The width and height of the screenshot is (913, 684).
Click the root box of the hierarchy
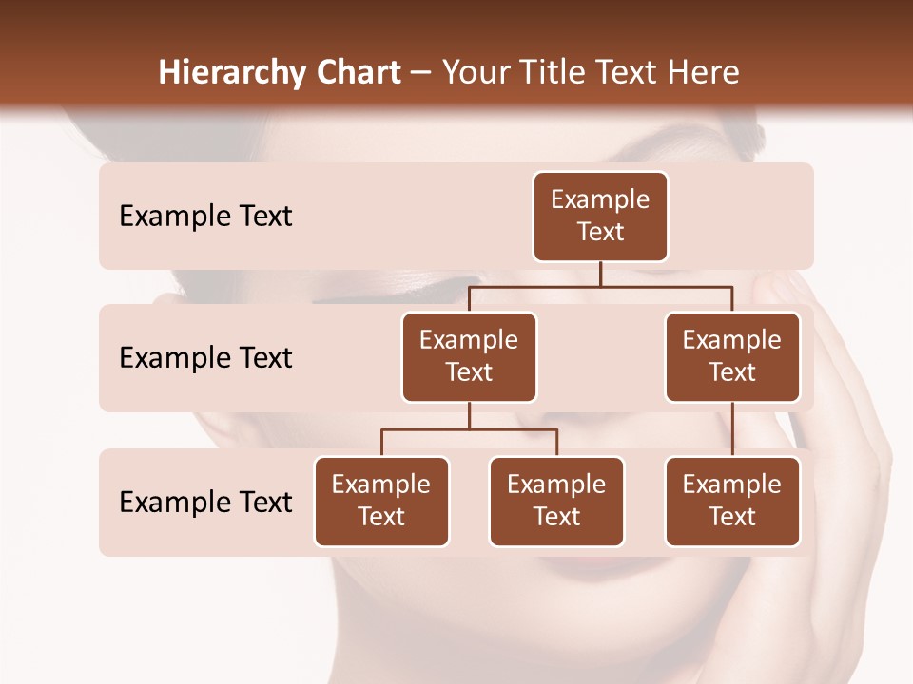[x=600, y=216]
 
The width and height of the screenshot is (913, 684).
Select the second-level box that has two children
[x=469, y=356]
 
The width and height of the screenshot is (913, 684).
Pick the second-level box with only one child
[x=732, y=356]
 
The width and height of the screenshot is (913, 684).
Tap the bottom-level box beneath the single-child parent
[x=732, y=501]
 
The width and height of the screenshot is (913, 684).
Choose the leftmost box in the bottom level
[x=381, y=501]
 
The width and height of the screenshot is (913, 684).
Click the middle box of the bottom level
[x=556, y=501]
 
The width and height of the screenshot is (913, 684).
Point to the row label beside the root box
[x=205, y=216]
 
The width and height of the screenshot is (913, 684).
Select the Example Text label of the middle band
[x=205, y=357]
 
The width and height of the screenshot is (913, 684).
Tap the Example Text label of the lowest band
[x=205, y=502]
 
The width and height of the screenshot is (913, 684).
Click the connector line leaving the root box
[x=600, y=274]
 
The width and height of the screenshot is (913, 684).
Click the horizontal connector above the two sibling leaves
[x=469, y=429]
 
